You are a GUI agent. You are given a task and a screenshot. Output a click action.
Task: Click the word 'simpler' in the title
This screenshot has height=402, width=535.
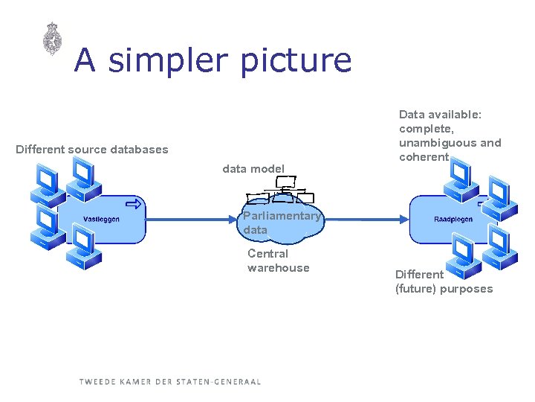[168, 60]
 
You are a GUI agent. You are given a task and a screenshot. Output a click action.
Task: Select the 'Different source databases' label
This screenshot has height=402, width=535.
[92, 150]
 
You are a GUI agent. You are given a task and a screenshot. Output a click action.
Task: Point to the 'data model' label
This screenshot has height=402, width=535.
[253, 169]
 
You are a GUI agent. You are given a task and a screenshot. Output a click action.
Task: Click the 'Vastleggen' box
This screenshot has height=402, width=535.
[103, 219]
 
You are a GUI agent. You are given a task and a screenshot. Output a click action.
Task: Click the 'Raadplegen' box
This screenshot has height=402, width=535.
[453, 219]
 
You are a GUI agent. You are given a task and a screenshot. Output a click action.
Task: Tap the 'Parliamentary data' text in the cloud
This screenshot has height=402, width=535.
[281, 223]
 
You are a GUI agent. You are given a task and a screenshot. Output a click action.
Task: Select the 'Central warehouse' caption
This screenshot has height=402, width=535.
[278, 261]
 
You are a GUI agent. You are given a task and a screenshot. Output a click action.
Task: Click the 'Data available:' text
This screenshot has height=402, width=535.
[441, 115]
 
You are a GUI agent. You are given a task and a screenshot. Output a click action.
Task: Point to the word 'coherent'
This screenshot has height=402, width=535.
[424, 157]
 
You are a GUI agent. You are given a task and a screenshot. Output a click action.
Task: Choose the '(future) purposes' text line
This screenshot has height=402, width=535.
[444, 289]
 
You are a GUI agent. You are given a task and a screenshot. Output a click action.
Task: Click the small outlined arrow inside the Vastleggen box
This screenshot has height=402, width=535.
[134, 203]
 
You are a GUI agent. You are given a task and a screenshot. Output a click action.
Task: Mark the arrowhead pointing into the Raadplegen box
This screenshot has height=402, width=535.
[406, 219]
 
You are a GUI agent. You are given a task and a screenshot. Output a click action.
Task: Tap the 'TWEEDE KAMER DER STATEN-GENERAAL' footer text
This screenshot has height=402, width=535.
[170, 382]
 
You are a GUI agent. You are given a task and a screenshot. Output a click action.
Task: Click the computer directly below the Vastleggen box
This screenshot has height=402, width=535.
[84, 248]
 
